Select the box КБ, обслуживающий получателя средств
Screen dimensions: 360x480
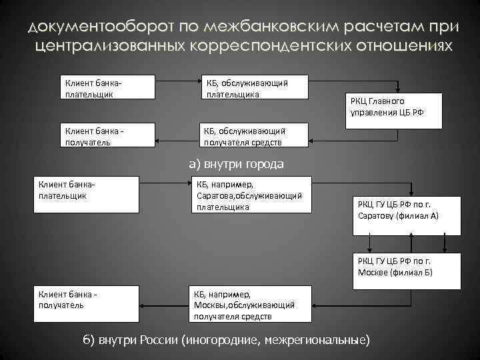254,134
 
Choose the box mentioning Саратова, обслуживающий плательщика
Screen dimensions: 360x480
250,194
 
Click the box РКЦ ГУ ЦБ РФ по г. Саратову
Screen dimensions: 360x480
406,216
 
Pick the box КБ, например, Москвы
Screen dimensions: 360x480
250,304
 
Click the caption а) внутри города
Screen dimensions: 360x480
236,163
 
